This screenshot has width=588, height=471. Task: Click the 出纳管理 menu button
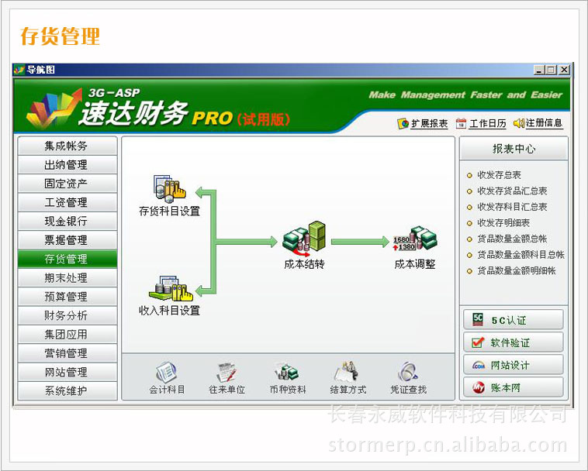(67, 165)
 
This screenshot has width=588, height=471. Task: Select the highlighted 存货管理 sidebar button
(67, 259)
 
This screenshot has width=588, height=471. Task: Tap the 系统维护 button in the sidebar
(67, 391)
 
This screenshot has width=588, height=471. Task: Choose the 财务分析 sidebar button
(67, 315)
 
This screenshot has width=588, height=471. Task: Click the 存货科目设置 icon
(170, 189)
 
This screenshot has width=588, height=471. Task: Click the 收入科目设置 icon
(171, 289)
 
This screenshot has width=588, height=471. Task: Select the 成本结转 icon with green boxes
(304, 236)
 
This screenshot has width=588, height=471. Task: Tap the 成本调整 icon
(415, 239)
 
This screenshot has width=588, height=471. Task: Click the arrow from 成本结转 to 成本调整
(360, 242)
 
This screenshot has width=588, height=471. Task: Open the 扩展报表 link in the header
(423, 123)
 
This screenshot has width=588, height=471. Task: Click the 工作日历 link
(481, 123)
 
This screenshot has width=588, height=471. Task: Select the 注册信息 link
(538, 123)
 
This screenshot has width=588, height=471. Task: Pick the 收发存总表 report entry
(494, 175)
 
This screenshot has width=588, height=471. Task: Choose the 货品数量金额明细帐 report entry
(511, 270)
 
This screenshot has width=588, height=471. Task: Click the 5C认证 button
(514, 320)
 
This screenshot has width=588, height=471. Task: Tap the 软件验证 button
(514, 342)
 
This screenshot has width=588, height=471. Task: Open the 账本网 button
(514, 387)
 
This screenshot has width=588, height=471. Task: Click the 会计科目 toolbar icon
(167, 377)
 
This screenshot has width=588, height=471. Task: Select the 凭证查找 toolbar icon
(408, 377)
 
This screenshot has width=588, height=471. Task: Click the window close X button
(565, 70)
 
